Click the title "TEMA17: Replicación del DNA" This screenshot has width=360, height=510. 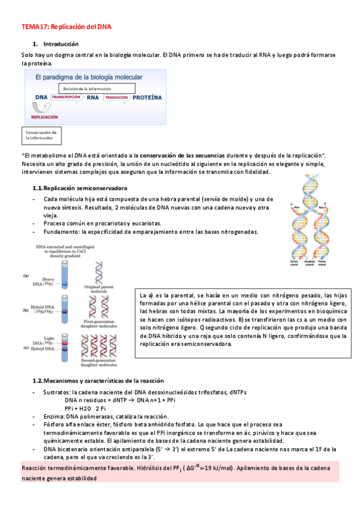(66, 27)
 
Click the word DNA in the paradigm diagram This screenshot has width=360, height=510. (41, 97)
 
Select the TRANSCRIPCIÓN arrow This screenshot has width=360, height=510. (66, 97)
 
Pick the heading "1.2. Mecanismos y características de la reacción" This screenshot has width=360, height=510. (99, 381)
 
